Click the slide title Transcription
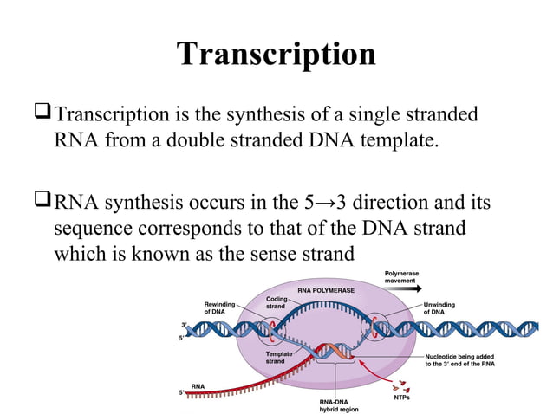276,54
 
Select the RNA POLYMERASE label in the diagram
325,291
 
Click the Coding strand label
276,303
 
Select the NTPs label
401,398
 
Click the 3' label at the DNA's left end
183,324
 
